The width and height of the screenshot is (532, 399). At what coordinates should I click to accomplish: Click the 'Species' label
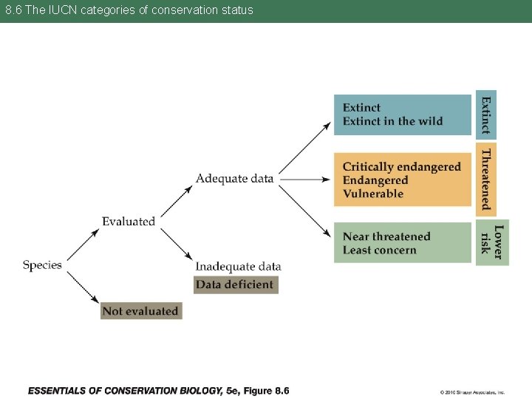[42, 265]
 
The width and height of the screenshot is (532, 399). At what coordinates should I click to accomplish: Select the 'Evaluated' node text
[129, 221]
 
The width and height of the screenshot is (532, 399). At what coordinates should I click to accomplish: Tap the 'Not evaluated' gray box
[140, 311]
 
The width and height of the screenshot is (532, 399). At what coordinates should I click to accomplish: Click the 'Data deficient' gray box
[235, 284]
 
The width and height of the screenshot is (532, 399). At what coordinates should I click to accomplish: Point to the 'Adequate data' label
[234, 178]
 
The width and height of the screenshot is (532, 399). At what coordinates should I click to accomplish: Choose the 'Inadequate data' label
[238, 266]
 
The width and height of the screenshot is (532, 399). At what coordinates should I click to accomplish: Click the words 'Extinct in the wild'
[392, 121]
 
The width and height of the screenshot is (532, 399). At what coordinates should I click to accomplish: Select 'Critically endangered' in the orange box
[401, 167]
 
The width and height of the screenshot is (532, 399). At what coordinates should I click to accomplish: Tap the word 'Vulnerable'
[372, 194]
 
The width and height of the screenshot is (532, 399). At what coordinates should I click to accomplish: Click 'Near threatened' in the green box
[386, 236]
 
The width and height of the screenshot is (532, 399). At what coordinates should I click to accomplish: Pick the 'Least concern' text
[379, 250]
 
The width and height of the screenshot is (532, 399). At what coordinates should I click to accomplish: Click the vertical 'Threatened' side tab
[485, 179]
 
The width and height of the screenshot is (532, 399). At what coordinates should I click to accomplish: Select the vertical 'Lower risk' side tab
[492, 242]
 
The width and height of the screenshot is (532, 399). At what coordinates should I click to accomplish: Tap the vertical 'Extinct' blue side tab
[485, 115]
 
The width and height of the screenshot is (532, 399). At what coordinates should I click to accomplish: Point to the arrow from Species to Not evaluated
[83, 286]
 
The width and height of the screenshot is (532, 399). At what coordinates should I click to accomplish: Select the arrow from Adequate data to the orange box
[304, 179]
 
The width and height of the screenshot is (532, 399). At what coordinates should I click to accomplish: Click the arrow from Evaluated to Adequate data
[177, 200]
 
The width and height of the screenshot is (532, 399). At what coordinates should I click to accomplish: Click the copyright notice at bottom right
[472, 392]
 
